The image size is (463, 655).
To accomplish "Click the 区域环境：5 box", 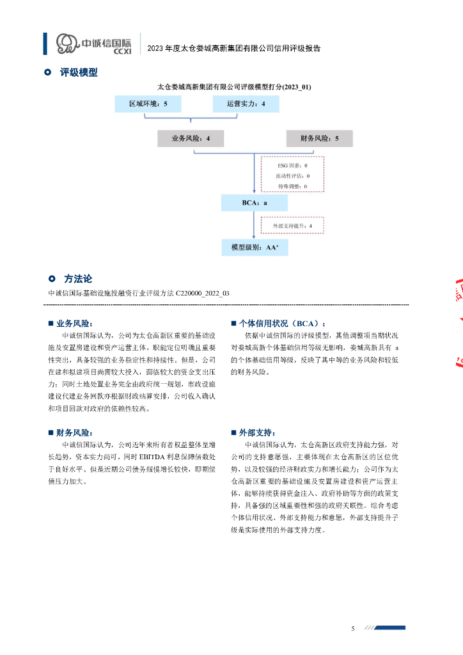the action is coord(148,104).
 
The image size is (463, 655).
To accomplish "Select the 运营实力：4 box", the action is coord(246,104).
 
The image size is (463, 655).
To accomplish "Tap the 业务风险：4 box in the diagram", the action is coord(191,138).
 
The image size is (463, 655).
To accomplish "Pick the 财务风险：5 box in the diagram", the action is coord(319,138).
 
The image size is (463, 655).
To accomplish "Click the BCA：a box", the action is coord(255,203).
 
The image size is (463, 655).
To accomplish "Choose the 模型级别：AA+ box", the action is coord(255,246).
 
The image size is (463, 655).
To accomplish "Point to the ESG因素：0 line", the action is coord(292,165).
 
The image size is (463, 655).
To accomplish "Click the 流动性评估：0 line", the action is coord(292,175).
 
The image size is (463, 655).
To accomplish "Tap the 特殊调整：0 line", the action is coord(292,185).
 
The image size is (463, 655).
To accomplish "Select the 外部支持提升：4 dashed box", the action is coord(292,225).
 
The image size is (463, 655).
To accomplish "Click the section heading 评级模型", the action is coord(79,73).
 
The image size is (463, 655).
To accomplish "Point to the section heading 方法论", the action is coord(78,279).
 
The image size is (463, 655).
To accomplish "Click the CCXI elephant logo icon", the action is coord(67,43).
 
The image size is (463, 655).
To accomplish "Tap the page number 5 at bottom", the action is coord(352,629).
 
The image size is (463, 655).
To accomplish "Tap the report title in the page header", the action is coord(233,48).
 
